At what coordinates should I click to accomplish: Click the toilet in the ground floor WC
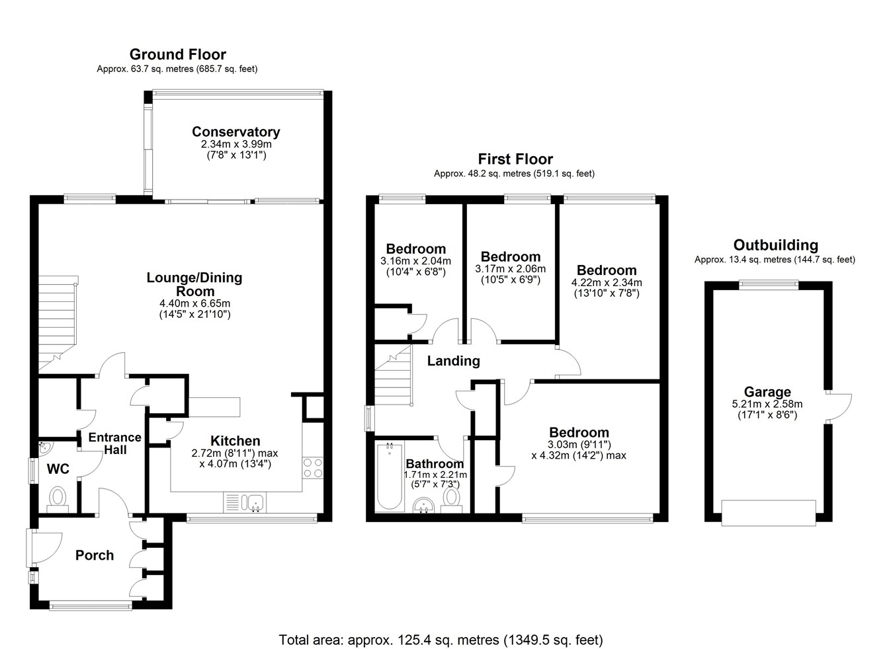[58, 500]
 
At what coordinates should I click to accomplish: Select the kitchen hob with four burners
[312, 468]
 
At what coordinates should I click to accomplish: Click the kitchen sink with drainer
[244, 503]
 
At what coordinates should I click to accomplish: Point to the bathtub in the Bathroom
[389, 476]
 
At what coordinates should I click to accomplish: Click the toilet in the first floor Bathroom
[452, 500]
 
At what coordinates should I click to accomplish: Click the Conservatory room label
[235, 132]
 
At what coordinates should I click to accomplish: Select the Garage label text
[767, 392]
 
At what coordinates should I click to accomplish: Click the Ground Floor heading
[178, 54]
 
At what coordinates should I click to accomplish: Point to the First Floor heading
[515, 159]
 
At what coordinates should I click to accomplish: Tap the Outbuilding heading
[776, 245]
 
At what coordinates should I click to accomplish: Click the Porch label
[95, 555]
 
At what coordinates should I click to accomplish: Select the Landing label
[453, 361]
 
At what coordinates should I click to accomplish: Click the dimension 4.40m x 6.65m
[195, 303]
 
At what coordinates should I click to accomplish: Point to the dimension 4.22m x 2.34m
[607, 282]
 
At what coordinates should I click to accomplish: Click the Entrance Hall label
[115, 443]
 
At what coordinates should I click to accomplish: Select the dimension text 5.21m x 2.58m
[767, 404]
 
